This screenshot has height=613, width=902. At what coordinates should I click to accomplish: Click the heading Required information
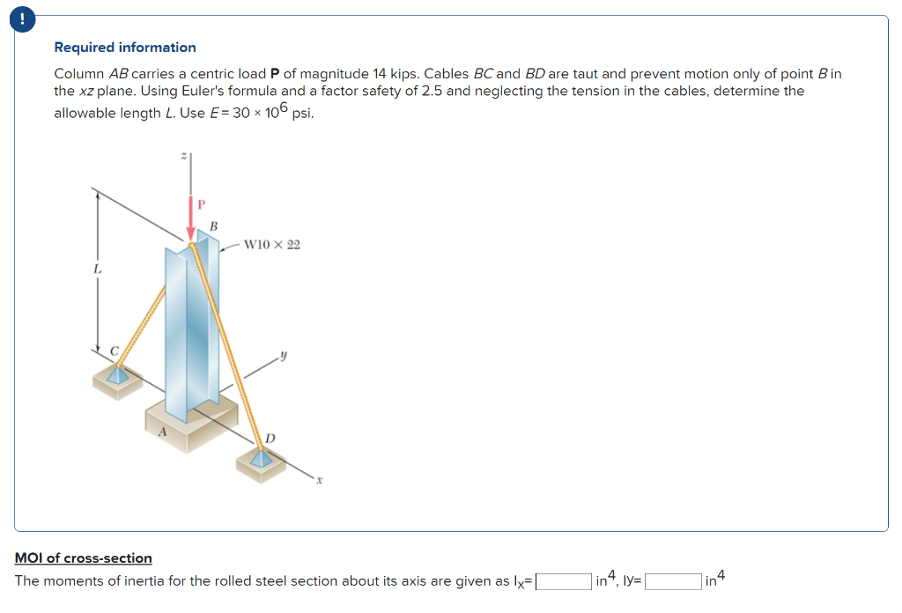125,48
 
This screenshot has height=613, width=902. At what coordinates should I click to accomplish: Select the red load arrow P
190,219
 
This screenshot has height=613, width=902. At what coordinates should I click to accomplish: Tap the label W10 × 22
271,244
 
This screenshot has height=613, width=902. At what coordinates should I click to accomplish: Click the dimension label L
98,268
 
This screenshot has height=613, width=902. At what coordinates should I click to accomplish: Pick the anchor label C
115,351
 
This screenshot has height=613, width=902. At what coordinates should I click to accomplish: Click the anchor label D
270,438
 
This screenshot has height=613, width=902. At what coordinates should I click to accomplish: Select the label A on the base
162,432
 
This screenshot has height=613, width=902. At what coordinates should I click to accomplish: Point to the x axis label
321,481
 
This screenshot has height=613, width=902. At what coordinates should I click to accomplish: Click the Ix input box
564,581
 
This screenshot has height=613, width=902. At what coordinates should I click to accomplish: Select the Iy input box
674,581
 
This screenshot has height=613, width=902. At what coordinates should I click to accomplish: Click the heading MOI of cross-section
84,558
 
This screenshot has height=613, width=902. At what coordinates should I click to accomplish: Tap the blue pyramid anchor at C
115,374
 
